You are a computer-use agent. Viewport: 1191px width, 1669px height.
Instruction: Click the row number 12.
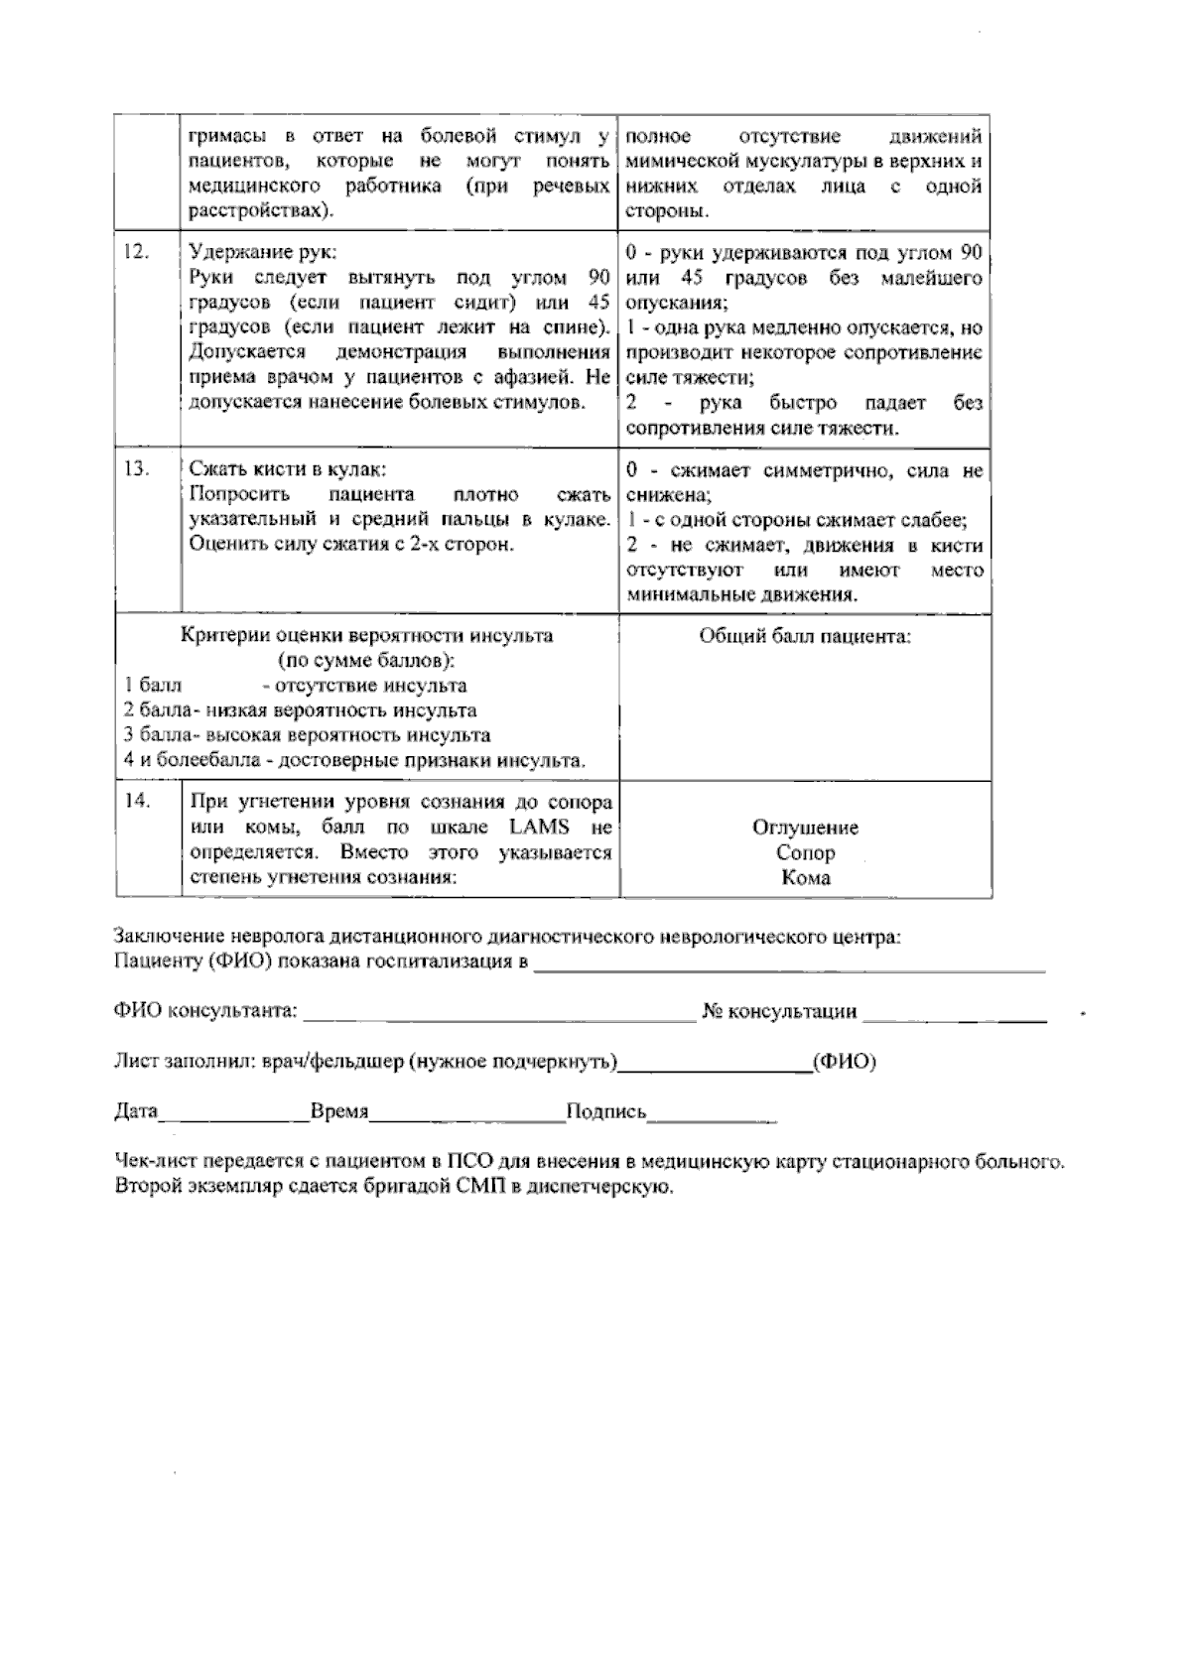[x=137, y=252]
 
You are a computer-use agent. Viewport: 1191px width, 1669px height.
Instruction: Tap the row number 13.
[x=137, y=469]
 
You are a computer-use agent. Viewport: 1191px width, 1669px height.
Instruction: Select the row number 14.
[x=137, y=802]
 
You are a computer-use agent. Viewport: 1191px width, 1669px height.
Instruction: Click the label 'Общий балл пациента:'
[x=805, y=637]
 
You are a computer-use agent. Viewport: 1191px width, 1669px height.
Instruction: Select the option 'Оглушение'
[x=805, y=828]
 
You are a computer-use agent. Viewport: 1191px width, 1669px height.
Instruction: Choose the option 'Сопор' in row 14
[x=805, y=852]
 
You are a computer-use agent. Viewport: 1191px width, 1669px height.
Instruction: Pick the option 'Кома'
[x=805, y=877]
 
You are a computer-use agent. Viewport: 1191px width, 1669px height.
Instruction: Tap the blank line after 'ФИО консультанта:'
[x=498, y=1014]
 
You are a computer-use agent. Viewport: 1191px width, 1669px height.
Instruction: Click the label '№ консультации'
[x=779, y=1011]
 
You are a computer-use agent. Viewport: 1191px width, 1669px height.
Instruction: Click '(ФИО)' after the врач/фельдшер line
[x=844, y=1063]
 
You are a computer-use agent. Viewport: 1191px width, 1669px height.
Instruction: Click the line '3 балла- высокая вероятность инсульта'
[x=307, y=735]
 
